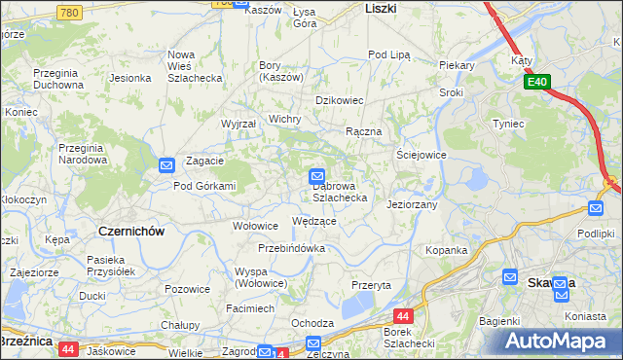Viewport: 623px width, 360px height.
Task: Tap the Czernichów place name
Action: (131, 232)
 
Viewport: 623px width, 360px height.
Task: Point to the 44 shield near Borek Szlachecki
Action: (404, 316)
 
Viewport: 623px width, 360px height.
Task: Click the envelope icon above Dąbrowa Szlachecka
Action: (317, 176)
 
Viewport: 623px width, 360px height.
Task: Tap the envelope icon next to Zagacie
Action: (166, 166)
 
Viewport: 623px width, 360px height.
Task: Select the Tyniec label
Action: (509, 124)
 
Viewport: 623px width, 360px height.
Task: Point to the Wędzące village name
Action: (314, 222)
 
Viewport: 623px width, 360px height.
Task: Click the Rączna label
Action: (363, 131)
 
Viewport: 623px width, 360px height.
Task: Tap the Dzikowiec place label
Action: (339, 100)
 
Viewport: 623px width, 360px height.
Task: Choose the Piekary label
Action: (456, 65)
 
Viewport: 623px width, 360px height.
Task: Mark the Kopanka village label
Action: (447, 250)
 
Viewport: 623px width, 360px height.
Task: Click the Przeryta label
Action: (371, 285)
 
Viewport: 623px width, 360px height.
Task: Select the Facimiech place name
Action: (250, 307)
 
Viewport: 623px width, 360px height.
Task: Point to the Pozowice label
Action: (188, 289)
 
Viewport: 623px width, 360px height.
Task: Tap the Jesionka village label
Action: (129, 78)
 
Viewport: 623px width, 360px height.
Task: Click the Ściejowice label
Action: (421, 155)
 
